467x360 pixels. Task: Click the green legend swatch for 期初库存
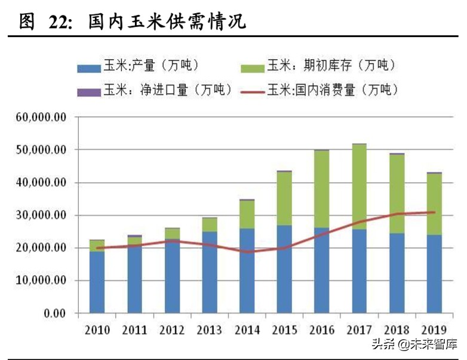(x=253, y=69)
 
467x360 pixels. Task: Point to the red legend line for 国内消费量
(x=253, y=91)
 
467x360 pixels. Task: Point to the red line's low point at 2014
(x=247, y=251)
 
